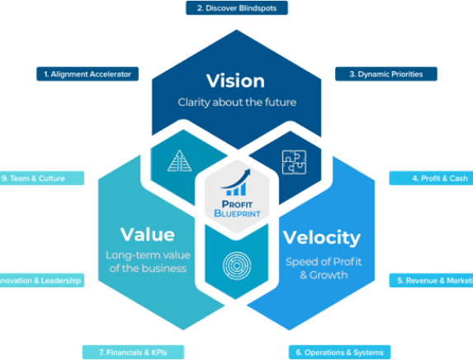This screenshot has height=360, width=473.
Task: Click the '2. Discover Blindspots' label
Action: [236, 8]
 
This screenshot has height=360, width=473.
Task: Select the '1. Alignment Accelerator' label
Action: [88, 73]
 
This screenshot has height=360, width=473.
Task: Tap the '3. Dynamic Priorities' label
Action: [385, 73]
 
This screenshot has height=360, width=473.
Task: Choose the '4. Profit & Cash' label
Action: [430, 178]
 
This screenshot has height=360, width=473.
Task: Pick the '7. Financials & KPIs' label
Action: [126, 352]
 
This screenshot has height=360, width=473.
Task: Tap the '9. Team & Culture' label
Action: [41, 178]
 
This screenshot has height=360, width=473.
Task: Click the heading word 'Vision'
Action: [236, 81]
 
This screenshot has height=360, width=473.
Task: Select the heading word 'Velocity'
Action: [322, 238]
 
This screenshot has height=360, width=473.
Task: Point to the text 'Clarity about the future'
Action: [236, 103]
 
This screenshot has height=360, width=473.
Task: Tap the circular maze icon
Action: [235, 263]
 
